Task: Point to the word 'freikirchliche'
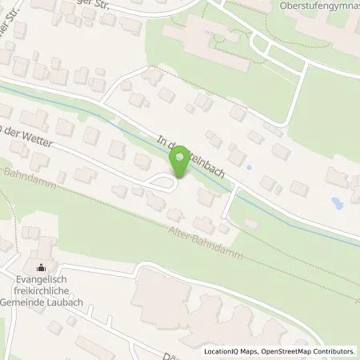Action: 43,292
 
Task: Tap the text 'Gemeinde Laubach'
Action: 43,302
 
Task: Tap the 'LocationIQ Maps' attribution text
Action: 231,351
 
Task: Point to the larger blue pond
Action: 336,204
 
